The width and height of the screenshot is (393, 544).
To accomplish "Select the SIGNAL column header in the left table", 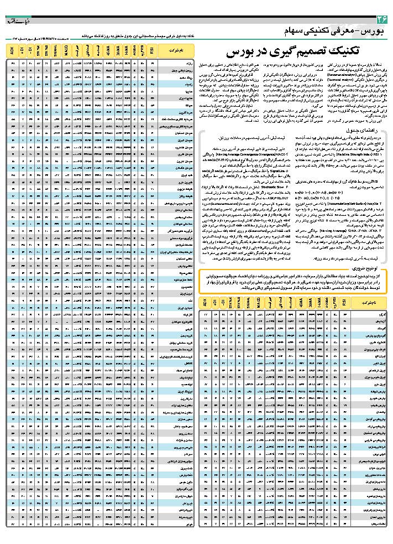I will (x=54, y=51).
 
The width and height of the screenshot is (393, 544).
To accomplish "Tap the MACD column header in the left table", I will (x=66, y=51).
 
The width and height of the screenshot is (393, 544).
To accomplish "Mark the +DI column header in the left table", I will (x=22, y=51).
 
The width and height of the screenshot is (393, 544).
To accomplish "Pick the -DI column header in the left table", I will (x=30, y=51).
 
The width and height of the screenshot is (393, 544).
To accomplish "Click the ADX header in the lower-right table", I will (x=205, y=303).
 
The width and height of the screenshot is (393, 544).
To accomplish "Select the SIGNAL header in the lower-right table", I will (x=248, y=303).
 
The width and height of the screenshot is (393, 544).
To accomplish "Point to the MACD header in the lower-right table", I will (x=260, y=303).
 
